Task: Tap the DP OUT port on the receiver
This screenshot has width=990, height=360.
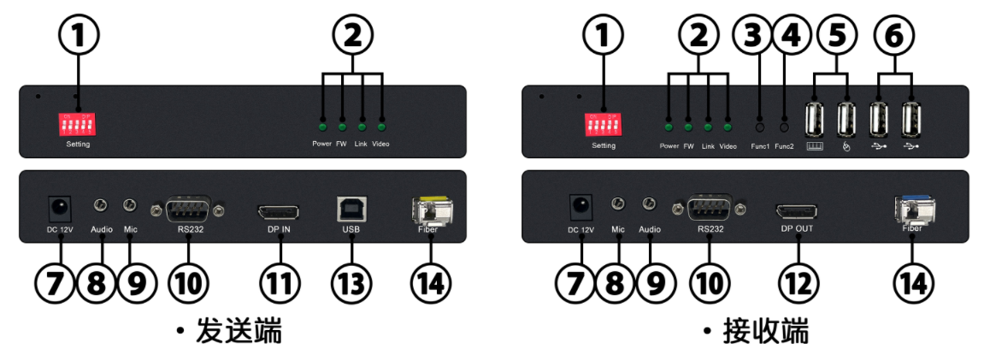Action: [795, 210]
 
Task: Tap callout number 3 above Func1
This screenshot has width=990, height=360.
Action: [753, 37]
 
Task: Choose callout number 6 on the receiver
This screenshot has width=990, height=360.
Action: [894, 37]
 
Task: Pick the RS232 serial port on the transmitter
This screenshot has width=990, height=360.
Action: [186, 210]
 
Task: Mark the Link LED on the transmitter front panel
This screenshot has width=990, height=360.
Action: [362, 126]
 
